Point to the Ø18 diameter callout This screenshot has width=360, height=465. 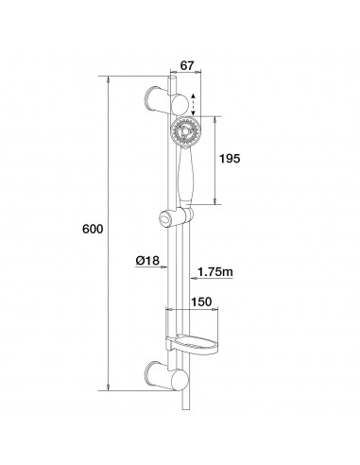pyautogui.click(x=146, y=262)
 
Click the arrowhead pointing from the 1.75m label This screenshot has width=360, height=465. pyautogui.click(x=192, y=274)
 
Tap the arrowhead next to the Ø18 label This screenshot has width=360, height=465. pyautogui.click(x=165, y=262)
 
